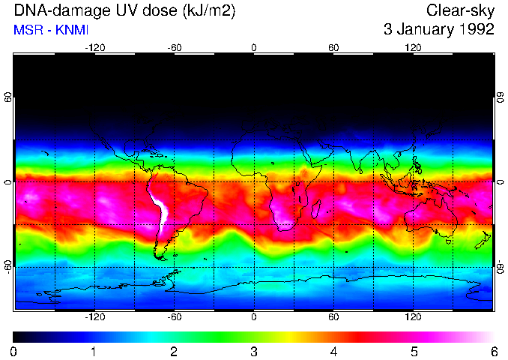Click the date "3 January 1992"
click(x=438, y=30)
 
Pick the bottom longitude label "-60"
click(x=174, y=316)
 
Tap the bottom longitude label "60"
click(x=333, y=316)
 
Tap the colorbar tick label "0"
click(x=14, y=351)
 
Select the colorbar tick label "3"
click(x=254, y=351)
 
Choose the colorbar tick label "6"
click(x=494, y=351)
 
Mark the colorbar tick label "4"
click(x=334, y=351)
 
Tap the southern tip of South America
click(x=161, y=256)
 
